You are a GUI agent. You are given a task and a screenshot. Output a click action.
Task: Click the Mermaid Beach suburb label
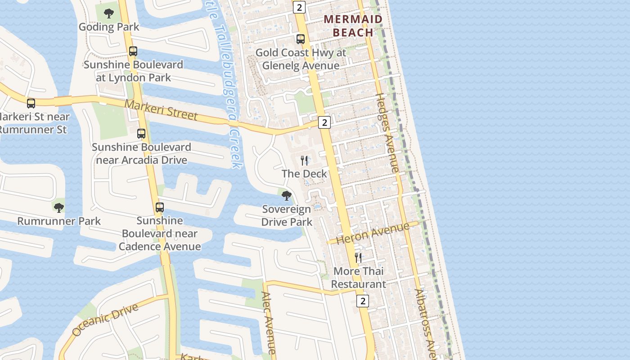coord(353,26)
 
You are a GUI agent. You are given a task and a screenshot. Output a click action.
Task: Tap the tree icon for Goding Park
coord(109,13)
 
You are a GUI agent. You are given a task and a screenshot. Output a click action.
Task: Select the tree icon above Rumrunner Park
coord(58,207)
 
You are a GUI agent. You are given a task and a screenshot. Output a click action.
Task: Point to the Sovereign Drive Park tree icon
coord(286,196)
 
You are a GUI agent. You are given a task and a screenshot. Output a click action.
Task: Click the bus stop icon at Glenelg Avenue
coord(301,39)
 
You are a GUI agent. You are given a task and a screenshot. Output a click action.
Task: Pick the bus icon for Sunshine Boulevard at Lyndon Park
coord(133,51)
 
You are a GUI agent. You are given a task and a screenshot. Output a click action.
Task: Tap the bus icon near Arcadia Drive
coord(141,134)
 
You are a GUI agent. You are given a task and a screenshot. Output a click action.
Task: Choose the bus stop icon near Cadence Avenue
coord(160,207)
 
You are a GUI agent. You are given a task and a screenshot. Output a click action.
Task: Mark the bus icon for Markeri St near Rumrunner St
coord(31,103)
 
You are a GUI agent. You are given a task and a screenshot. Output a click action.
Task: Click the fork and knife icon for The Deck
coord(305,160)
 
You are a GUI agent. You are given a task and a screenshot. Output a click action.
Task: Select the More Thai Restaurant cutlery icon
coord(358,257)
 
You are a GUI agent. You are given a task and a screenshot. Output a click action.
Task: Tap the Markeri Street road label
coord(161,110)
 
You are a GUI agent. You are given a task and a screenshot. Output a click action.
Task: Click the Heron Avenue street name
coord(373,233)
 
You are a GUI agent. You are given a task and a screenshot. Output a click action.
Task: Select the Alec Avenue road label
coord(268,322)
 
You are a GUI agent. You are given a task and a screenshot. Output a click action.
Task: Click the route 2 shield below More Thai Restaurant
coord(363,301)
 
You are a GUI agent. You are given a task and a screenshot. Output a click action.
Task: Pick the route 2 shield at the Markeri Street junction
coord(324,122)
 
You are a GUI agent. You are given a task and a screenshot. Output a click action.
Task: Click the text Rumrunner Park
coord(59,221)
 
